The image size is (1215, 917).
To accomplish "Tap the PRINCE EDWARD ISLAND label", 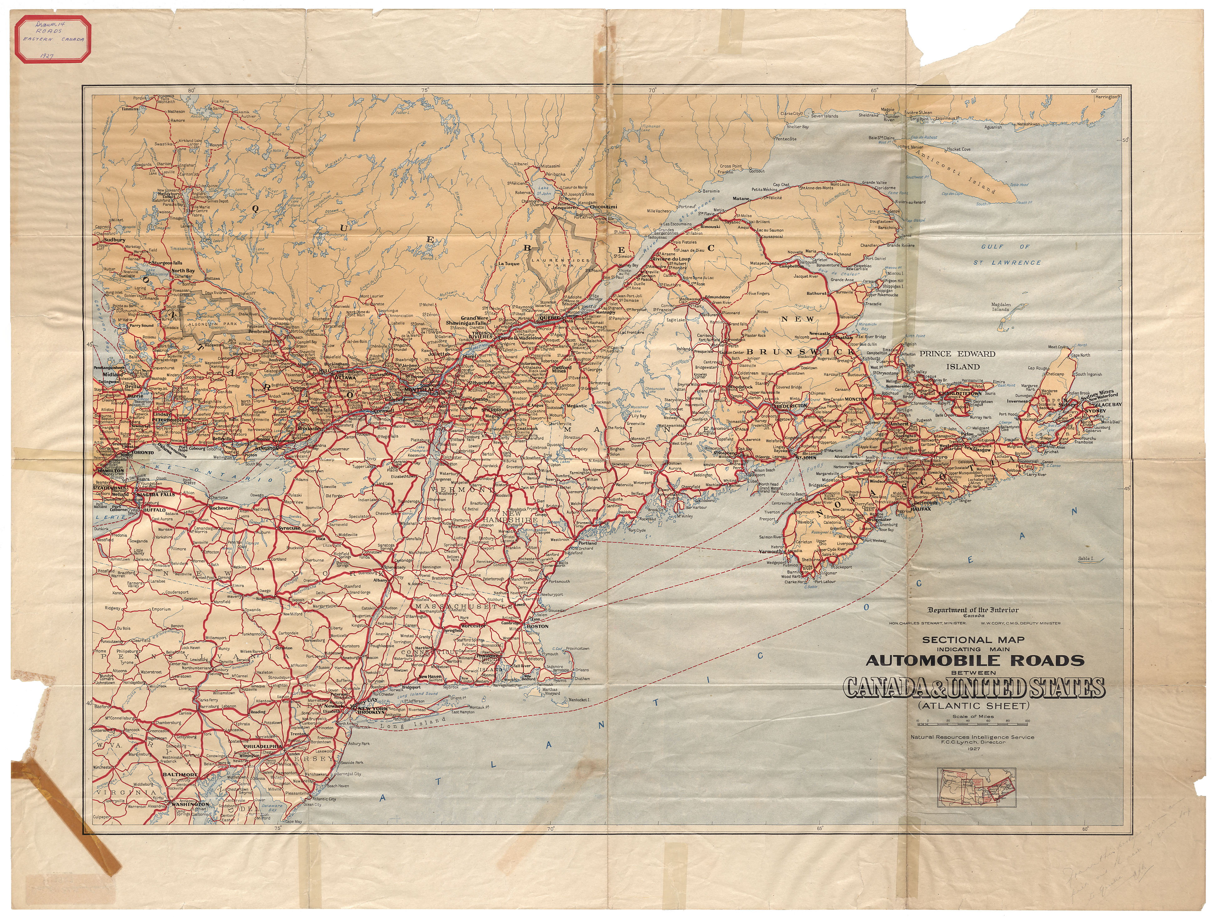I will (957, 360).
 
